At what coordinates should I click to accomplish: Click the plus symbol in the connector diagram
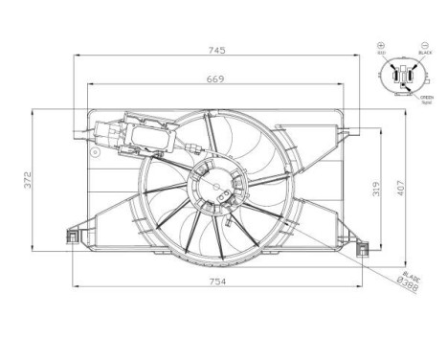(381, 45)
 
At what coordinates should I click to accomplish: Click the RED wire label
(381, 54)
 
